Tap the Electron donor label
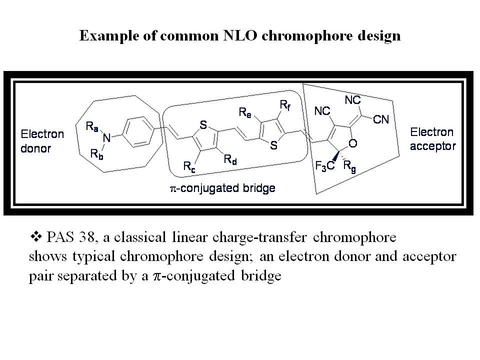click(x=42, y=141)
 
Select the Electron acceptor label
click(x=432, y=139)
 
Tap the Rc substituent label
click(x=189, y=168)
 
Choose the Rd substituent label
click(x=230, y=160)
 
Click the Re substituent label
click(x=244, y=113)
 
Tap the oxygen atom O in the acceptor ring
click(x=353, y=144)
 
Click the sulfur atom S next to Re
click(x=273, y=146)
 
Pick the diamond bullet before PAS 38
click(x=35, y=234)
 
